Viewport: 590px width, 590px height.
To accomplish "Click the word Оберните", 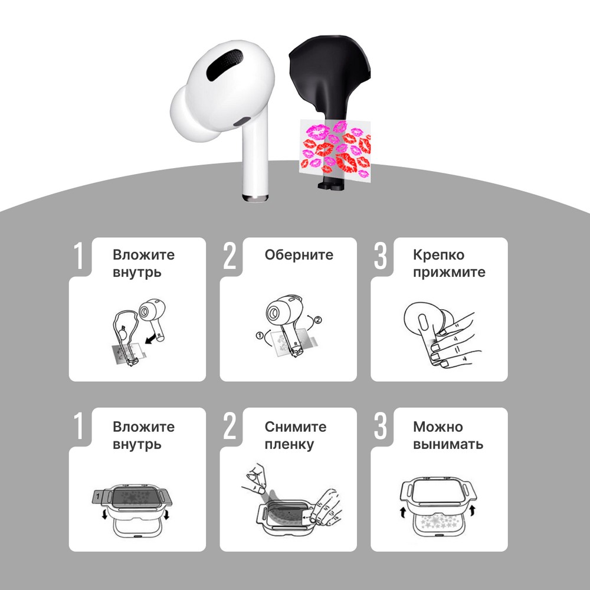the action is pyautogui.click(x=299, y=255).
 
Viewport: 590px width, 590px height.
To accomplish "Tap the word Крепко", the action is pyautogui.click(x=438, y=255).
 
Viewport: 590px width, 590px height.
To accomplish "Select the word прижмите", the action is pyautogui.click(x=449, y=273).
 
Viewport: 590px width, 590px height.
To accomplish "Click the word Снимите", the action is pyautogui.click(x=296, y=427).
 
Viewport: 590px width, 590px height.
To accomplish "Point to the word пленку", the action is pyautogui.click(x=289, y=444).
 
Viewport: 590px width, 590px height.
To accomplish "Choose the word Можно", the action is pyautogui.click(x=438, y=427).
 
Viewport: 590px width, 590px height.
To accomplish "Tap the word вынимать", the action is pyautogui.click(x=448, y=444).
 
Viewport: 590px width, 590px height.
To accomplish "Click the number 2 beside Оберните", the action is pyautogui.click(x=230, y=256).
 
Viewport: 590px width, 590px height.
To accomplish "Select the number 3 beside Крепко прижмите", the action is pyautogui.click(x=380, y=256).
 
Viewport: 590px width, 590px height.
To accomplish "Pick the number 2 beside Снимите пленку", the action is pyautogui.click(x=230, y=426).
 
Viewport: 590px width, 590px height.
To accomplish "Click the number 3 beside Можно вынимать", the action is pyautogui.click(x=380, y=426).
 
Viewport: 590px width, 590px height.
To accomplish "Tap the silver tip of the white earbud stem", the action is pyautogui.click(x=255, y=198).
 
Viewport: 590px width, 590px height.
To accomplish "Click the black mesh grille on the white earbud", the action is pyautogui.click(x=225, y=64).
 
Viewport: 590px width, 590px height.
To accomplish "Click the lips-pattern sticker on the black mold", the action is pyautogui.click(x=335, y=150).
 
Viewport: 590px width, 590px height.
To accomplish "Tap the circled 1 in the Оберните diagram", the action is pyautogui.click(x=259, y=336).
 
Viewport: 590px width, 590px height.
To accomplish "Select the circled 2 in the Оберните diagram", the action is pyautogui.click(x=318, y=320).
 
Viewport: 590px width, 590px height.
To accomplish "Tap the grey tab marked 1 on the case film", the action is pyautogui.click(x=98, y=497).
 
